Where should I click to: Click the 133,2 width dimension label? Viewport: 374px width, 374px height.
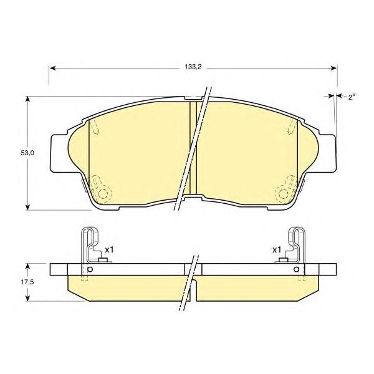(x=193, y=67)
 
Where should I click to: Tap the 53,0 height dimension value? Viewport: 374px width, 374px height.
(x=27, y=153)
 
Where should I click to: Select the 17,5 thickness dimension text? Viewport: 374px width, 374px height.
(x=27, y=282)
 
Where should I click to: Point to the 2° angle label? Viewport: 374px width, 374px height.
(x=352, y=97)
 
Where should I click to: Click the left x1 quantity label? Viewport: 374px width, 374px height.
(x=110, y=250)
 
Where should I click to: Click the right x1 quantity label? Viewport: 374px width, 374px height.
(x=277, y=250)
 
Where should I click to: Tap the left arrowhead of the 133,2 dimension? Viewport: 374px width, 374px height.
(x=52, y=69)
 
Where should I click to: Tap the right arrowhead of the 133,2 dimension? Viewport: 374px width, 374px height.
(x=333, y=69)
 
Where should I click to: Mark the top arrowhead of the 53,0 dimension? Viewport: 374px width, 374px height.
(x=28, y=100)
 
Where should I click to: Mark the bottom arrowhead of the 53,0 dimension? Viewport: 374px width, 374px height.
(x=28, y=207)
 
